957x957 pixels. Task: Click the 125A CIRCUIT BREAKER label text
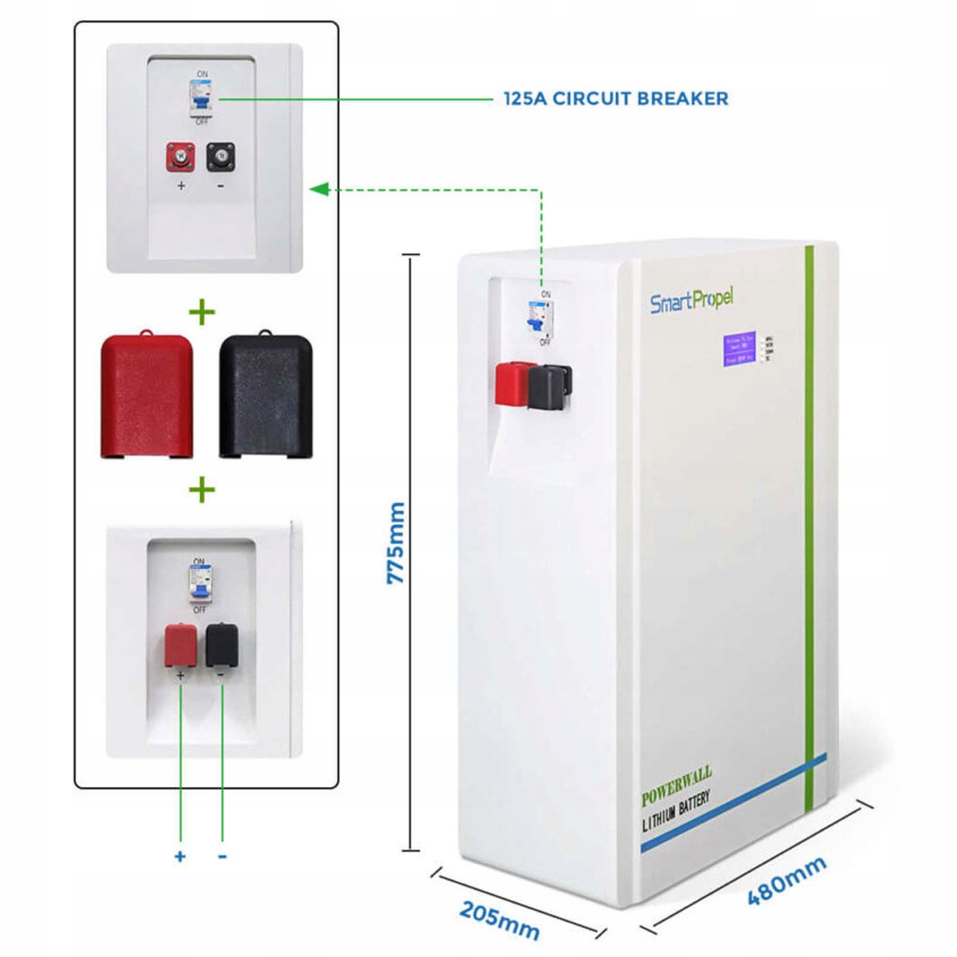(615, 99)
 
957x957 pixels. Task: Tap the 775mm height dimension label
(396, 543)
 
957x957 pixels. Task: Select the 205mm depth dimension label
(499, 921)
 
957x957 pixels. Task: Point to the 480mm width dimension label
(787, 880)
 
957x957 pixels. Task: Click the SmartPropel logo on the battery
(691, 301)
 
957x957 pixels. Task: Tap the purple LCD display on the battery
(739, 349)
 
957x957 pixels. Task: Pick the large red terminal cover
(147, 395)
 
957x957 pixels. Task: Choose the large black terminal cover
(266, 396)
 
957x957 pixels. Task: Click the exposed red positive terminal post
(180, 157)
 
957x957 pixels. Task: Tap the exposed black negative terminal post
(220, 157)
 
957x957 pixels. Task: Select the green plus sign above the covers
(202, 312)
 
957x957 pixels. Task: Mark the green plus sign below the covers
(202, 490)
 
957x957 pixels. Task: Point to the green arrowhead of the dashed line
(319, 190)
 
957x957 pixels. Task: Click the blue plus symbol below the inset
(180, 857)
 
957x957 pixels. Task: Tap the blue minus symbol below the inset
(223, 857)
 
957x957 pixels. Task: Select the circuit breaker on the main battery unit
(540, 317)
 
